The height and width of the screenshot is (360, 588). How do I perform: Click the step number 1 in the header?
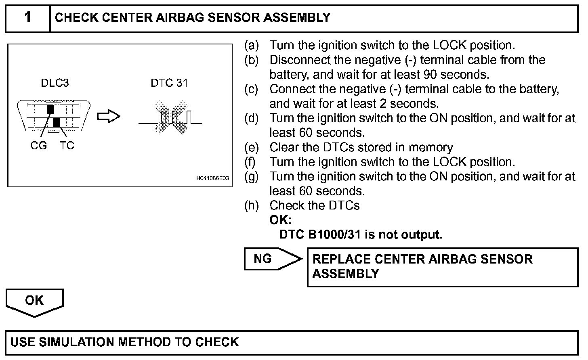pyautogui.click(x=27, y=17)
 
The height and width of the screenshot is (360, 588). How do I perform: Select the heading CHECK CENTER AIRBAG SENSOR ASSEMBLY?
pyautogui.click(x=192, y=18)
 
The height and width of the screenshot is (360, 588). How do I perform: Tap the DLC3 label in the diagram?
pyautogui.click(x=55, y=83)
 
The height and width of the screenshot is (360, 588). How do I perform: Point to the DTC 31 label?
pyautogui.click(x=169, y=83)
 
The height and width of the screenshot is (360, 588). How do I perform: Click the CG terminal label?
pyautogui.click(x=38, y=146)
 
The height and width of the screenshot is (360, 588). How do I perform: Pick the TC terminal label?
pyautogui.click(x=67, y=146)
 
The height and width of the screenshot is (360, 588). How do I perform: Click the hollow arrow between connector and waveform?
pyautogui.click(x=109, y=117)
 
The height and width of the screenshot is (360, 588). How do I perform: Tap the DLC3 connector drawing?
pyautogui.click(x=54, y=116)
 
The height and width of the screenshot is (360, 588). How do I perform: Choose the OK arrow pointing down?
pyautogui.click(x=35, y=302)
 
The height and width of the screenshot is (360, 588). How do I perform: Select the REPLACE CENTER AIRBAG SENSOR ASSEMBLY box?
pyautogui.click(x=442, y=267)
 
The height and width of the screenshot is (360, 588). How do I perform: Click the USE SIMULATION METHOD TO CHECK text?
pyautogui.click(x=124, y=342)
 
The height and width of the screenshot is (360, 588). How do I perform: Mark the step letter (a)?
pyautogui.click(x=251, y=45)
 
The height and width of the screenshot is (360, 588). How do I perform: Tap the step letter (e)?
pyautogui.click(x=251, y=147)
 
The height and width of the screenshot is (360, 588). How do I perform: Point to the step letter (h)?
pyautogui.click(x=251, y=205)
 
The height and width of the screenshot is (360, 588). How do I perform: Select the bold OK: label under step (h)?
pyautogui.click(x=280, y=220)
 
